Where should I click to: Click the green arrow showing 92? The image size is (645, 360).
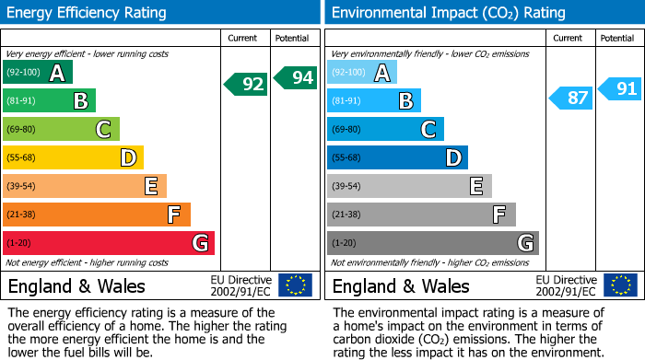click(246, 85)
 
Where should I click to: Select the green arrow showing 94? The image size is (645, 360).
click(295, 78)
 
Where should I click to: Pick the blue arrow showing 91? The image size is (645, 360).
click(619, 89)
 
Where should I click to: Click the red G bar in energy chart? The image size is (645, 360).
click(109, 243)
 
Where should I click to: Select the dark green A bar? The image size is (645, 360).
click(38, 73)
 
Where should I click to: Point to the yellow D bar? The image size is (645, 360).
click(74, 157)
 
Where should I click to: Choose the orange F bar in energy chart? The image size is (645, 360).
click(97, 215)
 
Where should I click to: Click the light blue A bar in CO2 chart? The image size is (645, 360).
click(362, 73)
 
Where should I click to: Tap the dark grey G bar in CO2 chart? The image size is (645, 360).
click(432, 243)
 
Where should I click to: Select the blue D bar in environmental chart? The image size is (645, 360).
click(397, 157)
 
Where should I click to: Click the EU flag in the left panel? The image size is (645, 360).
click(295, 285)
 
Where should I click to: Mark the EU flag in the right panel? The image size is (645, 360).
click(620, 285)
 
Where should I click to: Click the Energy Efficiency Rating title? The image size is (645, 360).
click(88, 13)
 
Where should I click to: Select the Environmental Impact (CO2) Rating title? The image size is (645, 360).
click(448, 13)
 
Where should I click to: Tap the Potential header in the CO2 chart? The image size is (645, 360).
click(617, 38)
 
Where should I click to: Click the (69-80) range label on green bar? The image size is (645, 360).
click(21, 129)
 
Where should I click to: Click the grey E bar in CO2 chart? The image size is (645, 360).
click(409, 186)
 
